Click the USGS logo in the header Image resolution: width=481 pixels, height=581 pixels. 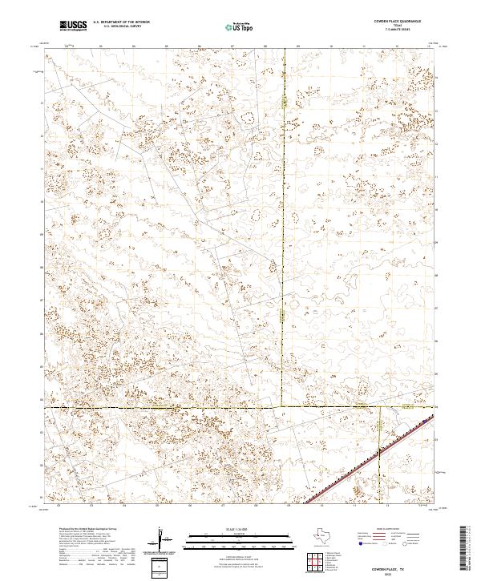coord(74,26)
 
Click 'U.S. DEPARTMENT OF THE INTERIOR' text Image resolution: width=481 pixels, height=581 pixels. coord(122,22)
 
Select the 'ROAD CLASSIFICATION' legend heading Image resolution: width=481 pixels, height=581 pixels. coord(383,529)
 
